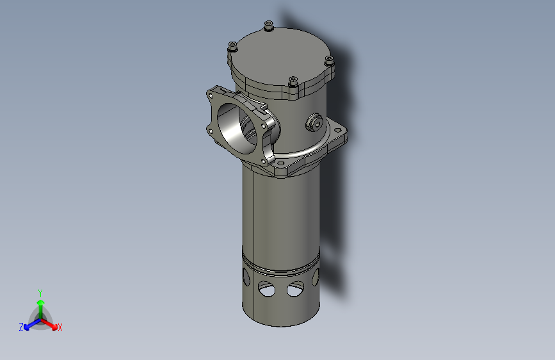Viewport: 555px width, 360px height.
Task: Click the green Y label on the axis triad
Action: coord(40,292)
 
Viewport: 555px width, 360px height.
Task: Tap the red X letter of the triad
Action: coord(60,327)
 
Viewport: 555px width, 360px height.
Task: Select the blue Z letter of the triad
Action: coord(21,327)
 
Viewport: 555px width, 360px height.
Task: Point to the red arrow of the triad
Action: coord(51,322)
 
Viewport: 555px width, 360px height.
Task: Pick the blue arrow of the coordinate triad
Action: coord(29,323)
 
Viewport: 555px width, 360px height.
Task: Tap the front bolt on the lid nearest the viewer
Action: coord(293,81)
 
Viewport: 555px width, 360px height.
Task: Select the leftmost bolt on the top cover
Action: coord(233,46)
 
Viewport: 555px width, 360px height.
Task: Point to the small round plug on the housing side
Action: coord(314,123)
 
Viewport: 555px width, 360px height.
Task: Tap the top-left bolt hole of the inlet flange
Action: coord(212,95)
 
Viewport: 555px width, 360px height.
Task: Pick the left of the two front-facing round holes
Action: coord(266,290)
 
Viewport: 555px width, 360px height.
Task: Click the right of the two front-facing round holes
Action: coord(295,289)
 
